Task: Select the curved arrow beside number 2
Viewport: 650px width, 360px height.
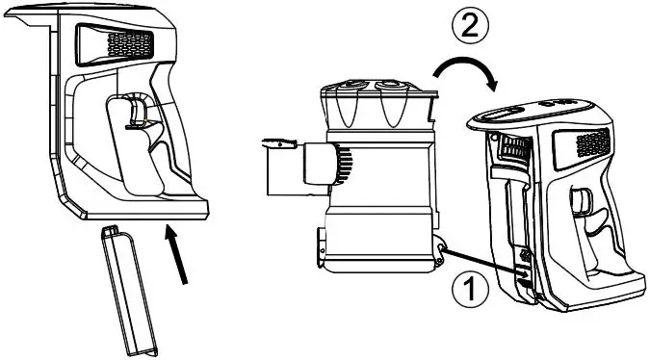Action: [x=464, y=74]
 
